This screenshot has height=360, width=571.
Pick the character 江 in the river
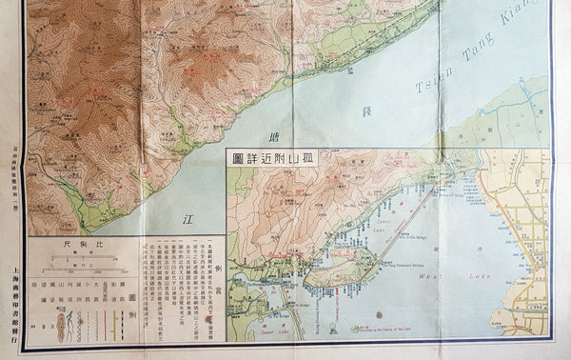point(187,218)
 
